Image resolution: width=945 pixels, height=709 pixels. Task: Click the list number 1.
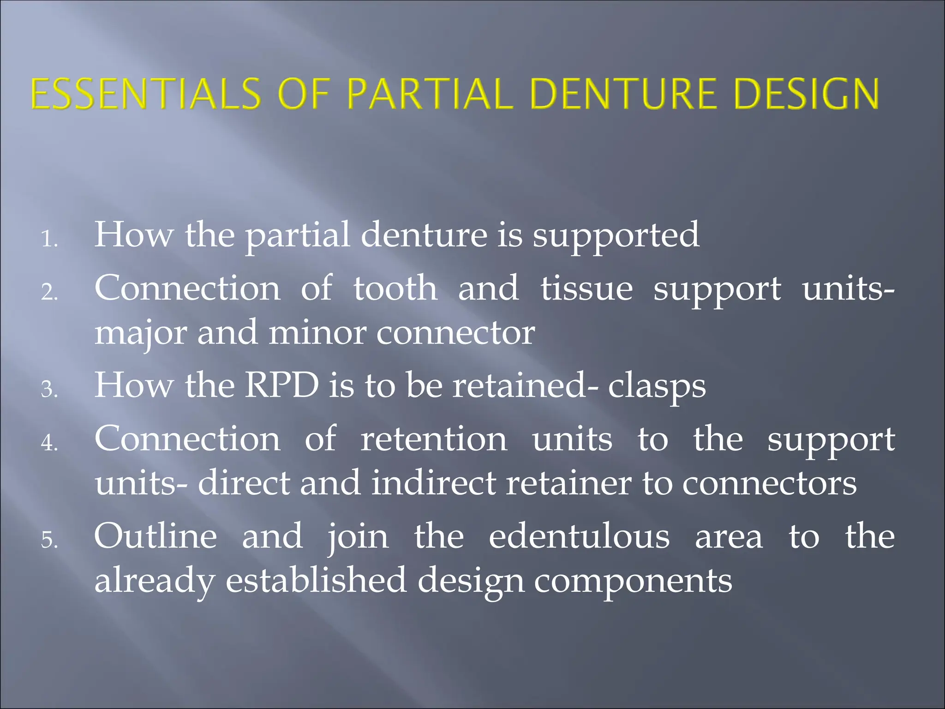49,240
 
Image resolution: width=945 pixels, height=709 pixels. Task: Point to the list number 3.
49,390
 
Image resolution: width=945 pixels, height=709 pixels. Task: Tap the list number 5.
49,540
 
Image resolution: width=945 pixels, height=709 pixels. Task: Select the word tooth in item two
395,288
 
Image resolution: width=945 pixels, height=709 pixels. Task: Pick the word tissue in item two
586,288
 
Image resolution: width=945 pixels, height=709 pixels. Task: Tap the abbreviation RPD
281,385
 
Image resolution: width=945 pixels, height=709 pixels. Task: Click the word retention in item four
433,439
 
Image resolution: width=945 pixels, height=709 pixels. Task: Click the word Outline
156,536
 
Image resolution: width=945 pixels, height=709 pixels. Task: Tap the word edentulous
579,536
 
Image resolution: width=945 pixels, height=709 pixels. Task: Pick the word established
316,580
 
